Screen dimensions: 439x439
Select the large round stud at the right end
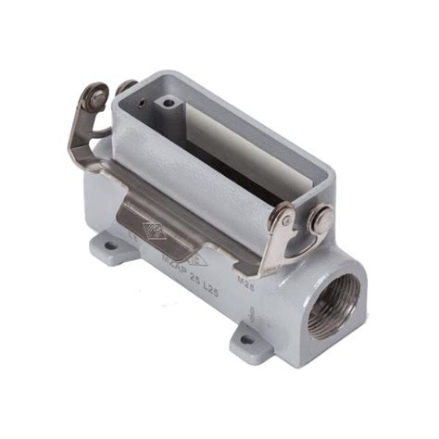tap(321, 219)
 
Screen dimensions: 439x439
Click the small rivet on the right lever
tap(285, 220)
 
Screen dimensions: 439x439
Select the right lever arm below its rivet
tap(278, 250)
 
